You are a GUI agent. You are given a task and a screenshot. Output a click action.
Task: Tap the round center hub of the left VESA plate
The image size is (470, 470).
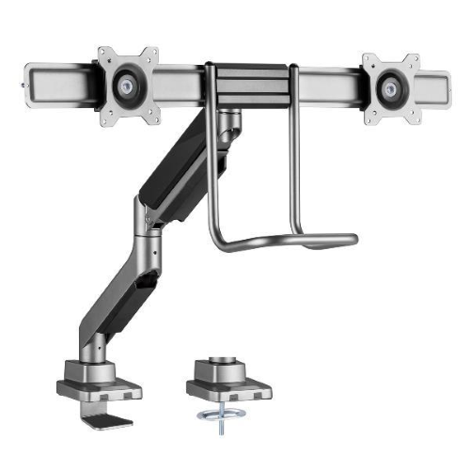coord(126,85)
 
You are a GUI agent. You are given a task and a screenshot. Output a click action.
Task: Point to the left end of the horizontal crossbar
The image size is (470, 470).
coord(30,85)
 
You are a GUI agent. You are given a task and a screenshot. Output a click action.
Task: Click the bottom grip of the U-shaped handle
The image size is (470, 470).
coord(282,242)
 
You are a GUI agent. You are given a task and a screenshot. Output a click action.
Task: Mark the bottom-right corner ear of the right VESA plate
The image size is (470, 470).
coord(417,117)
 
